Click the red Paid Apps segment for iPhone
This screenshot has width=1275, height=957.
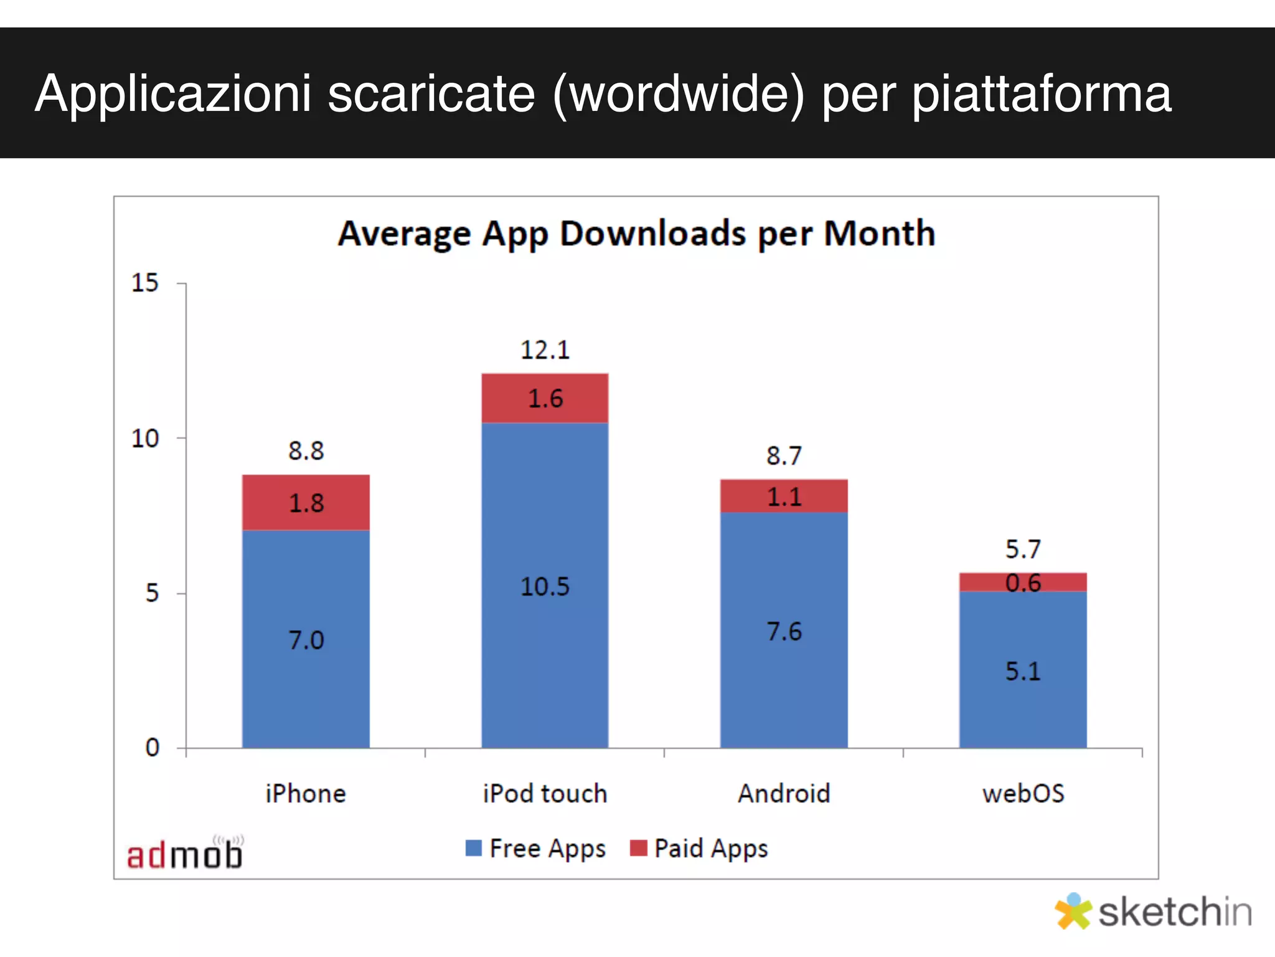coord(306,502)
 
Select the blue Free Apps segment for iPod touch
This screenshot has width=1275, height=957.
coord(545,586)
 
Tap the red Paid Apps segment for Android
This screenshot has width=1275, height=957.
coord(784,496)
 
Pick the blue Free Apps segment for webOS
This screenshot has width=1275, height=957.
coord(1023,670)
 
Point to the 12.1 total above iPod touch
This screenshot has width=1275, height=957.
coord(545,350)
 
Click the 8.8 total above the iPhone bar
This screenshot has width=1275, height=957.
coord(306,450)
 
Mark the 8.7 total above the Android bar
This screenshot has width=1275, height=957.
coord(784,455)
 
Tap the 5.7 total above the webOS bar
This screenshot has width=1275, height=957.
coord(1023,549)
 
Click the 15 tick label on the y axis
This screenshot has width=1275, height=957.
coord(145,283)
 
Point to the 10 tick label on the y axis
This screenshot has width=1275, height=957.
coord(145,439)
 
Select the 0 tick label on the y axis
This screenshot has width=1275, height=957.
coord(153,747)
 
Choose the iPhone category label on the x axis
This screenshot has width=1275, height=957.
coord(306,794)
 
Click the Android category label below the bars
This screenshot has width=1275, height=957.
coord(784,794)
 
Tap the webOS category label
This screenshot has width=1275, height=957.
coord(1023,794)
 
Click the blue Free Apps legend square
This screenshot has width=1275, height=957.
coord(474,848)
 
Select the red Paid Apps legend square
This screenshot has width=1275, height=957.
coord(638,848)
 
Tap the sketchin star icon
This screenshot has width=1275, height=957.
coord(1073,912)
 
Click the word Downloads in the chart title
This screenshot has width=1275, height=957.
coord(653,234)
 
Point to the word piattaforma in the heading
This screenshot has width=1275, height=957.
coord(1042,93)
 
